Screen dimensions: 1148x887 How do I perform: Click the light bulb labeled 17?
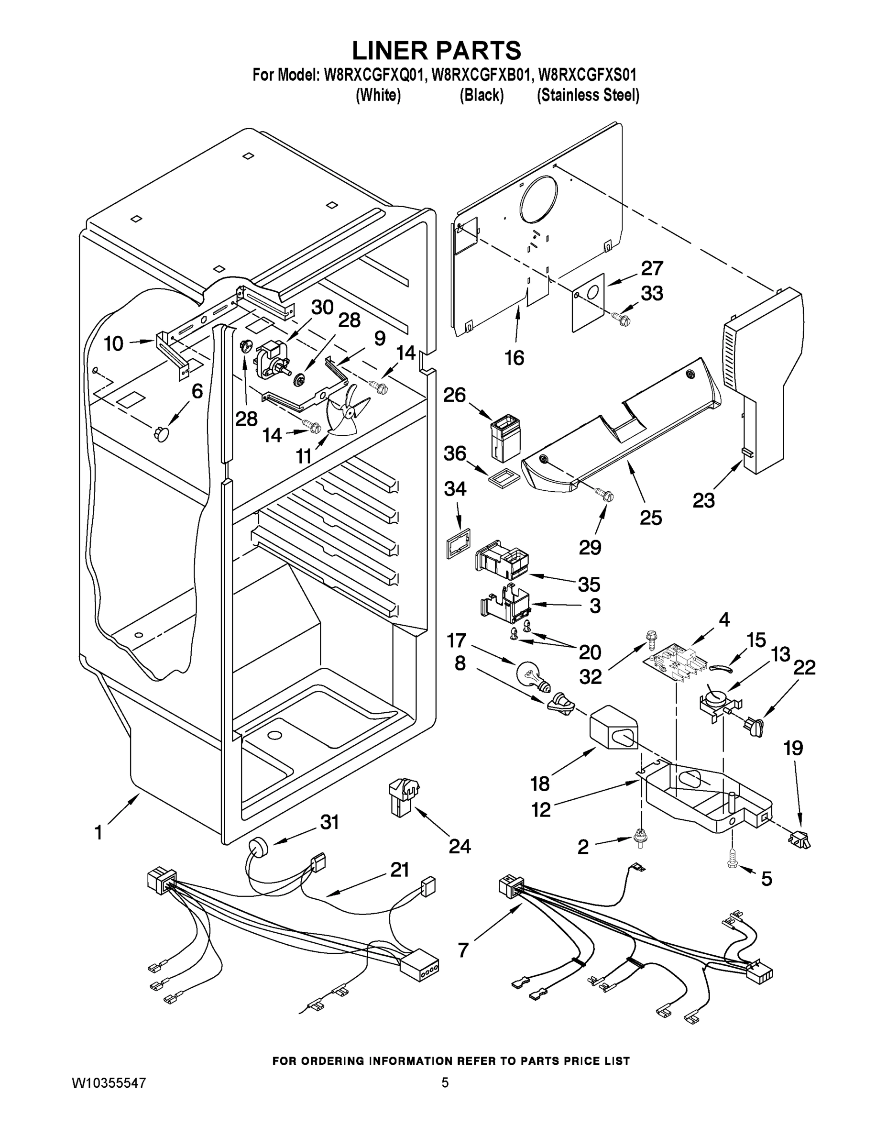pyautogui.click(x=532, y=675)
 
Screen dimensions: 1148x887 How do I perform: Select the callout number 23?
pyautogui.click(x=703, y=500)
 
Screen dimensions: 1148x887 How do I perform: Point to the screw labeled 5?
pyautogui.click(x=734, y=859)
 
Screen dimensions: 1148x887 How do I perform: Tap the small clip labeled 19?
pyautogui.click(x=799, y=840)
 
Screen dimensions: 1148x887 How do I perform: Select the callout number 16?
pyautogui.click(x=515, y=358)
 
